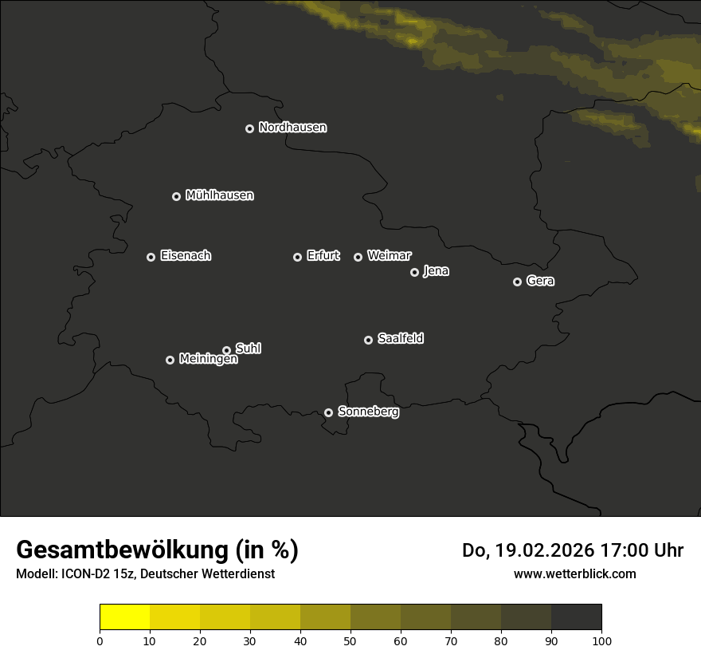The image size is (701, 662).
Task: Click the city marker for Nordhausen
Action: (x=249, y=128)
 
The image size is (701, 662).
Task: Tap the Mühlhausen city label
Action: (x=219, y=195)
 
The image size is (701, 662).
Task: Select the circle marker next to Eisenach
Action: (x=151, y=257)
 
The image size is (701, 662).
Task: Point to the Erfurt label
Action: (x=323, y=256)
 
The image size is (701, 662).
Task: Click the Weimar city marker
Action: (x=358, y=257)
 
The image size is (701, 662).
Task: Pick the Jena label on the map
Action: (x=436, y=271)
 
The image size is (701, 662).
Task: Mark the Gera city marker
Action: (x=517, y=282)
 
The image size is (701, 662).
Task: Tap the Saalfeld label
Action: (x=400, y=339)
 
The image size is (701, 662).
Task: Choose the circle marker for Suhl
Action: (x=226, y=350)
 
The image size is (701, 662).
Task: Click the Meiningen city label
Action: (x=208, y=360)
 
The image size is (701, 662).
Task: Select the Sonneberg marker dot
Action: (x=328, y=412)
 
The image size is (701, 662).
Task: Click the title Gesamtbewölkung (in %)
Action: (x=157, y=550)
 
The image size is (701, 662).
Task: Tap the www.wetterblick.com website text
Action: (x=574, y=574)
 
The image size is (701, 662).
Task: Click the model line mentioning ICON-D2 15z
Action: (x=145, y=574)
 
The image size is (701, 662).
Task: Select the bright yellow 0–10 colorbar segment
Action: (x=124, y=617)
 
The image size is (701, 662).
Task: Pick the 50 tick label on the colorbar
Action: (x=350, y=640)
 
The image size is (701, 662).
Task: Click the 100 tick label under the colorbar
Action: (x=601, y=640)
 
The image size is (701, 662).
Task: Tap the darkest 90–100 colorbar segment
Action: (x=576, y=617)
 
